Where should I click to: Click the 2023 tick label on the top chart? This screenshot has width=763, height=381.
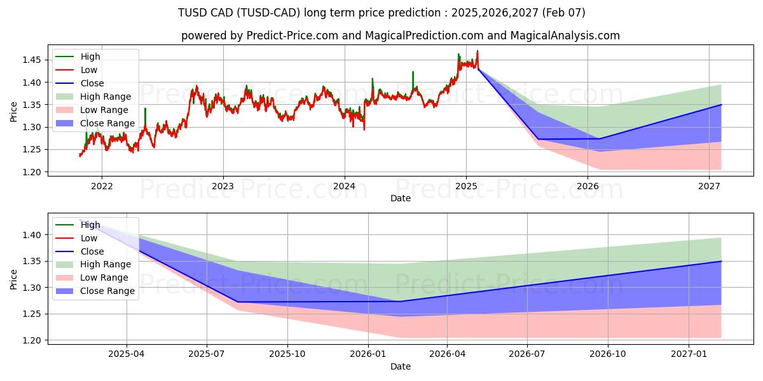click(223, 187)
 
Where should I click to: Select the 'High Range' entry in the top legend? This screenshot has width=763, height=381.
click(105, 97)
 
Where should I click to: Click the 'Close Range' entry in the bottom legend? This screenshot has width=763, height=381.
click(107, 291)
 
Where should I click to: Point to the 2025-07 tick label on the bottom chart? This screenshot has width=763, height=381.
click(207, 354)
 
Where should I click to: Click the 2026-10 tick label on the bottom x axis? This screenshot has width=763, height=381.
click(607, 354)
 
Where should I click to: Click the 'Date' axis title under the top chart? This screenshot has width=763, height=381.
click(401, 199)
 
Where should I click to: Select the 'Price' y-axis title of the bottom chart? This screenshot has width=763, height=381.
click(14, 279)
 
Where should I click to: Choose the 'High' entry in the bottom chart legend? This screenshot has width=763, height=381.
click(90, 225)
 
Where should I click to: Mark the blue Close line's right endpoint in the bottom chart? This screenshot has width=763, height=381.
click(721, 261)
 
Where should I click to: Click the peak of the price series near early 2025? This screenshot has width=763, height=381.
click(478, 51)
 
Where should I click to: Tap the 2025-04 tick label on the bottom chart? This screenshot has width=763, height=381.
click(127, 354)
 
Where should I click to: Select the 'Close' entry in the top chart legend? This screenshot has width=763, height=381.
click(92, 83)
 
